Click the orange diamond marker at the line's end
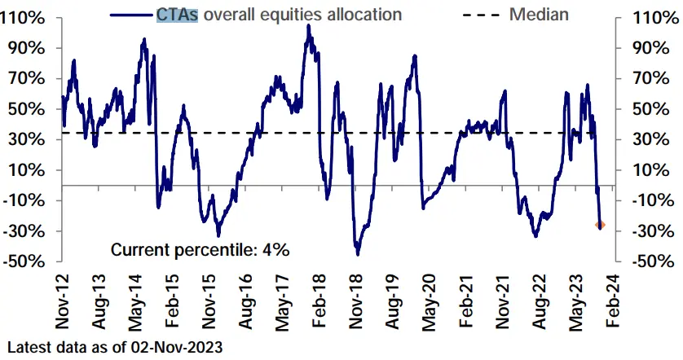click(601, 224)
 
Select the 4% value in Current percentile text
click(275, 250)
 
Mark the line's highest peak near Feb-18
click(309, 26)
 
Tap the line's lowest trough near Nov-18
click(357, 254)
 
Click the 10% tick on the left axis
click(29, 170)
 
